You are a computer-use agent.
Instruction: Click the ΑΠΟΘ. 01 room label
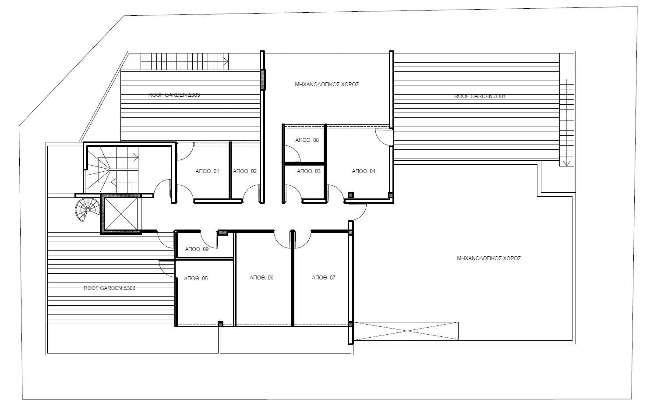click(207, 171)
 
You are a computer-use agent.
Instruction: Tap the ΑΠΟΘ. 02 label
click(245, 171)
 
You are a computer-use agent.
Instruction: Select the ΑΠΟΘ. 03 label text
click(309, 171)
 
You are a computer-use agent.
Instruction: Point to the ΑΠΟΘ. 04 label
click(364, 171)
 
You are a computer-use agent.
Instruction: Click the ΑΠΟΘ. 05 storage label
click(196, 279)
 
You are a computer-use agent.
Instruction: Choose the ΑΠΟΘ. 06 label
click(261, 278)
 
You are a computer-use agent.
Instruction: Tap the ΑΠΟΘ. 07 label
click(324, 278)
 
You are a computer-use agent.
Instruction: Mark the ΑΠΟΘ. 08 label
click(307, 140)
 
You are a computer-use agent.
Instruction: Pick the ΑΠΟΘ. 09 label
click(197, 249)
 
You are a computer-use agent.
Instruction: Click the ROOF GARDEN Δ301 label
click(480, 96)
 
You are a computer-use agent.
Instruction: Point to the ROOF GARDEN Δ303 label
click(174, 95)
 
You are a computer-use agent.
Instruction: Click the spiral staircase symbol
click(86, 210)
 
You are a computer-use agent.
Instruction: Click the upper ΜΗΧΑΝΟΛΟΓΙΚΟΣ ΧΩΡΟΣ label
click(327, 85)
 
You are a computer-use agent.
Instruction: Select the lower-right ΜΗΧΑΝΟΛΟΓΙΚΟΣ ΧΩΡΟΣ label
click(489, 258)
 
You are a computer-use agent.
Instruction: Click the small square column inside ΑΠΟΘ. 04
click(350, 195)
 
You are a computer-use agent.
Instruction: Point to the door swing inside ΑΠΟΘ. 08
click(293, 154)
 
